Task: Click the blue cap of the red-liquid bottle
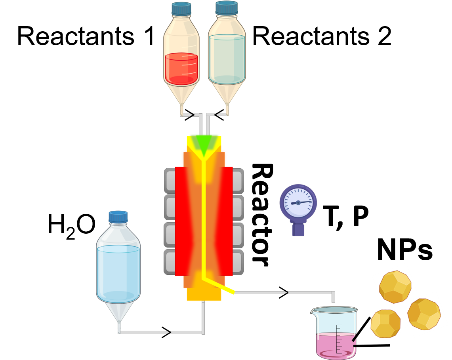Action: (181, 8)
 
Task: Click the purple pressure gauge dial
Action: (298, 202)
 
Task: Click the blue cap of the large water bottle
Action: (118, 217)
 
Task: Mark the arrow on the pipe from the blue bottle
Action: (169, 332)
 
